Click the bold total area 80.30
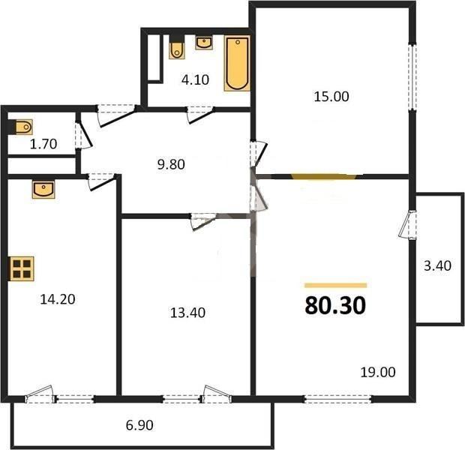click(335, 306)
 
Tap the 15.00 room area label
click(331, 97)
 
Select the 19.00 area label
click(378, 372)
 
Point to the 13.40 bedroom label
click(187, 313)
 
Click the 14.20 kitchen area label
click(58, 299)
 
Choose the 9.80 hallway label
click(171, 164)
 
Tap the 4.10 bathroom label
click(196, 79)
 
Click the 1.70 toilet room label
click(43, 144)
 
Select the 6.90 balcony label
click(139, 425)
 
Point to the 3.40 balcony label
click(437, 265)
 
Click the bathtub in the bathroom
click(237, 64)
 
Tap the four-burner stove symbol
click(22, 268)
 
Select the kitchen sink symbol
click(43, 189)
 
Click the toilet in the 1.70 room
click(22, 127)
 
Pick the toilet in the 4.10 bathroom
click(177, 47)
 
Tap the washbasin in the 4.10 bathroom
click(204, 43)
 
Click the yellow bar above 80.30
click(336, 285)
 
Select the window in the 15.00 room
click(412, 77)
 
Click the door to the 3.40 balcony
click(408, 224)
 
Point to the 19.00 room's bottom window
click(337, 399)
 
